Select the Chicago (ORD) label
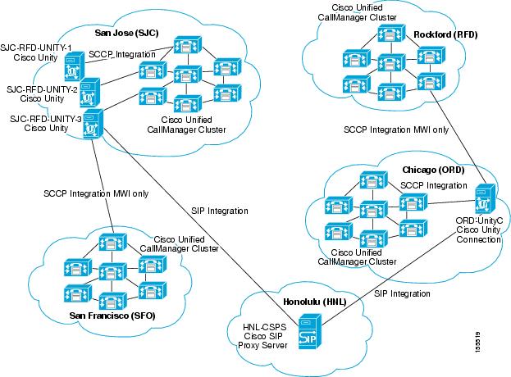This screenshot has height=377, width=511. point(431,170)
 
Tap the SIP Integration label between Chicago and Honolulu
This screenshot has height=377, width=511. point(401,293)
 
